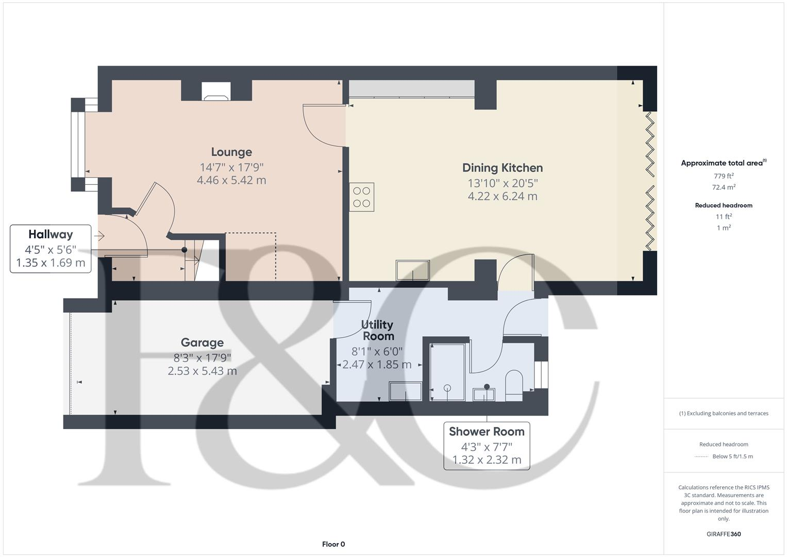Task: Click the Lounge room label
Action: click(x=231, y=152)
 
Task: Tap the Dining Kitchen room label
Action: click(x=502, y=168)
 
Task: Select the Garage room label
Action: click(x=202, y=343)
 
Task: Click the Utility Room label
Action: click(x=377, y=330)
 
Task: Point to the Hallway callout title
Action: click(x=51, y=235)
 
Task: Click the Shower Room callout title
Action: click(x=487, y=432)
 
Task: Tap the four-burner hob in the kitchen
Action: click(x=361, y=197)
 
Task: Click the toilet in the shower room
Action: click(x=514, y=385)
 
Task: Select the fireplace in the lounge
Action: click(x=216, y=91)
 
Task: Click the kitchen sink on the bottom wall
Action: click(x=412, y=271)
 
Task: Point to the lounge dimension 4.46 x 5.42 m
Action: click(x=231, y=181)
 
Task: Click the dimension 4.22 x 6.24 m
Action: click(x=502, y=196)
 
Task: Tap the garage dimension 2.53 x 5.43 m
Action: click(x=202, y=371)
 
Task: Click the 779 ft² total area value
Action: click(x=723, y=176)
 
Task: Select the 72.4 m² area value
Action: click(x=723, y=187)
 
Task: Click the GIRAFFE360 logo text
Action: click(x=723, y=534)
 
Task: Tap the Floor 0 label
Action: click(x=333, y=544)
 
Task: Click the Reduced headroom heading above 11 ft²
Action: click(x=723, y=205)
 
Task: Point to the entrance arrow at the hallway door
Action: click(x=99, y=236)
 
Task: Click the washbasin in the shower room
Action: click(x=484, y=395)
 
